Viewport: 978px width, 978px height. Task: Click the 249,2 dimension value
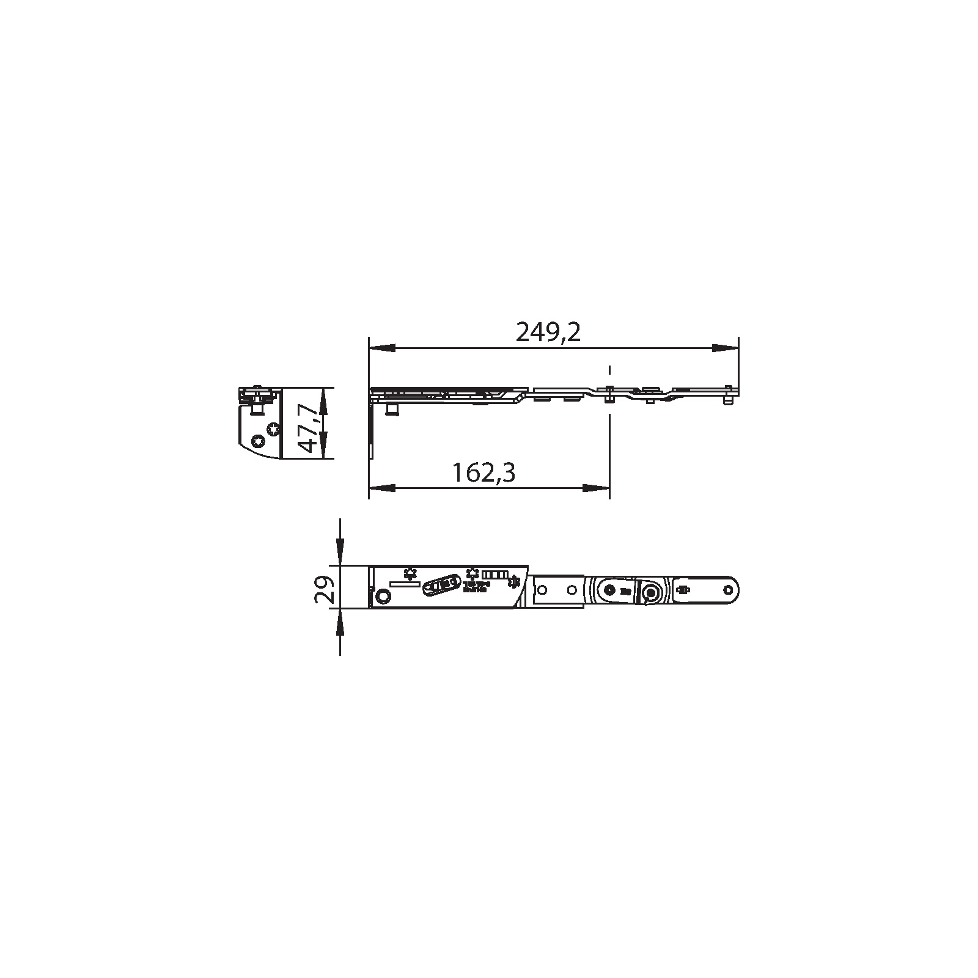click(548, 333)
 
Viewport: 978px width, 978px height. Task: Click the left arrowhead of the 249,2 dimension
click(381, 348)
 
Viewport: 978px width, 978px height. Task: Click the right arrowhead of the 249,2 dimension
click(725, 348)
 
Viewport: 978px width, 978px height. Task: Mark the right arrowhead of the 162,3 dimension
click(596, 488)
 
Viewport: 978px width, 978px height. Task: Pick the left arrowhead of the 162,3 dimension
click(381, 488)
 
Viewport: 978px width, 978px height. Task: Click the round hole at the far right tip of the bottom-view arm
click(729, 590)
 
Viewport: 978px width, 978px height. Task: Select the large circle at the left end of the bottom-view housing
click(383, 596)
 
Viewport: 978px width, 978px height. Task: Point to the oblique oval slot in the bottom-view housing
click(443, 584)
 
